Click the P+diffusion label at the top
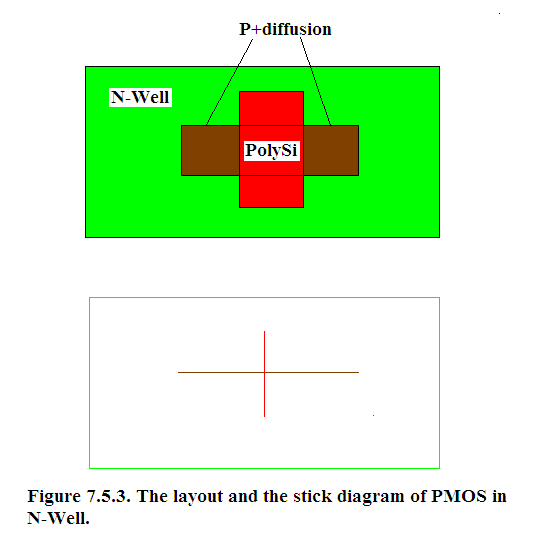[285, 29]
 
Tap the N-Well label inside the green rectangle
[140, 97]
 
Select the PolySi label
[271, 150]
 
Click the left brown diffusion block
[210, 150]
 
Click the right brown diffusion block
[331, 150]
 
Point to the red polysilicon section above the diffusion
[272, 108]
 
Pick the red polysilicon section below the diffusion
[272, 192]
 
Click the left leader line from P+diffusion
[229, 82]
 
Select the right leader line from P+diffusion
[315, 81]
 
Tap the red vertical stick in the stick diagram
[265, 374]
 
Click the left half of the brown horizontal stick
[221, 372]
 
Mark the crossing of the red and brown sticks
[265, 372]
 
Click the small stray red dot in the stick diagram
[373, 416]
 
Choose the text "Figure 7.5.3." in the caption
[79, 496]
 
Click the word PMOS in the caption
[459, 496]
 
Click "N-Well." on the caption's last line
[58, 518]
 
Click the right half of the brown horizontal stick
[312, 372]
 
